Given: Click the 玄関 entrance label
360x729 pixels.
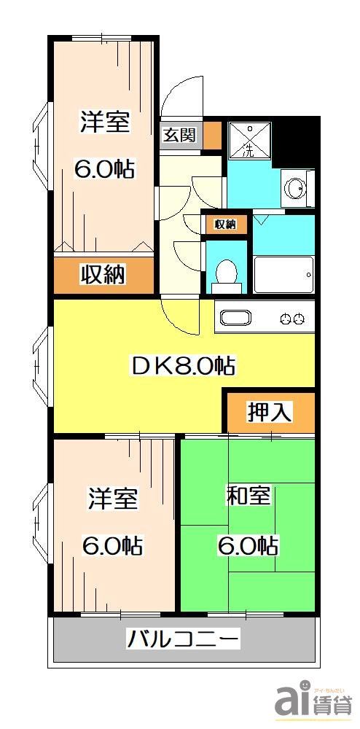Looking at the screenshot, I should [x=179, y=136].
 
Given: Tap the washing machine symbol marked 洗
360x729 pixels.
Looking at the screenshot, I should [x=249, y=141].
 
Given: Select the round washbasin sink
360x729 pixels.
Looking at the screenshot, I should [x=297, y=188].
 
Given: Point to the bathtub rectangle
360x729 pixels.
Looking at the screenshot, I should [x=283, y=274].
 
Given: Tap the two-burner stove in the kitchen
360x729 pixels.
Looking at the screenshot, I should [x=292, y=319].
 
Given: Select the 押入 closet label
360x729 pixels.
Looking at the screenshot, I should [x=270, y=412].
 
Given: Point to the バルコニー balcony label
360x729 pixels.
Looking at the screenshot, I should [x=184, y=641].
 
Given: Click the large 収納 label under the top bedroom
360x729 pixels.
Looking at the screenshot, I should [x=103, y=275].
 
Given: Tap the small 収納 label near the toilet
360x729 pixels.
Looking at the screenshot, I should [x=225, y=224].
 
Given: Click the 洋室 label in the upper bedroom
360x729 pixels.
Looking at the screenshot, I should [x=104, y=122].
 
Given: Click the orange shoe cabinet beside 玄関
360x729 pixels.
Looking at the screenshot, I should [x=211, y=135].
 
